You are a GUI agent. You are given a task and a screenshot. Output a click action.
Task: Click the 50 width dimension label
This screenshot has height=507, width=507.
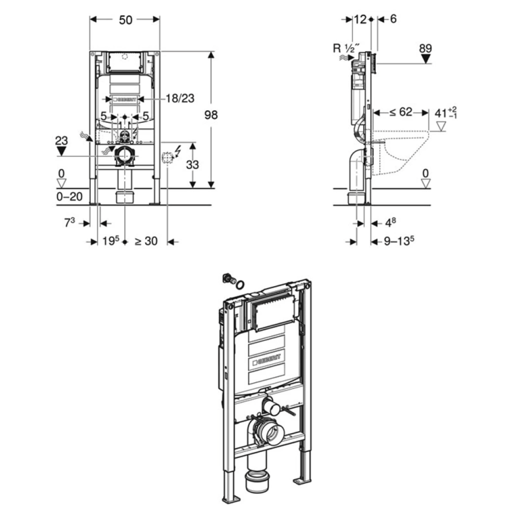[125, 19]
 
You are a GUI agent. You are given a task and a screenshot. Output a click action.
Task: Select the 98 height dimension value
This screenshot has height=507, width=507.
[210, 115]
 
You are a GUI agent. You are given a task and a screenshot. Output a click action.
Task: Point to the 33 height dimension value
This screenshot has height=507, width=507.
[193, 165]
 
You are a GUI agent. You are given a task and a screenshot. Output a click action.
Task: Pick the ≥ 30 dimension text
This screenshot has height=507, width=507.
[146, 242]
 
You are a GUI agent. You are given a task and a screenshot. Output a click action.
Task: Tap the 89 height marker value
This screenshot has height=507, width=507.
[425, 49]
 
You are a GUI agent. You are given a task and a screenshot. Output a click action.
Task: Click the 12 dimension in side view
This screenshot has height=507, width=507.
[360, 19]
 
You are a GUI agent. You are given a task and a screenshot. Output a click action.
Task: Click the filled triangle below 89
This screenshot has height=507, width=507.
[425, 58]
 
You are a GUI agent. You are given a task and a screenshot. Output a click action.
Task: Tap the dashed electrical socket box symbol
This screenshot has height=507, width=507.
[166, 157]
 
